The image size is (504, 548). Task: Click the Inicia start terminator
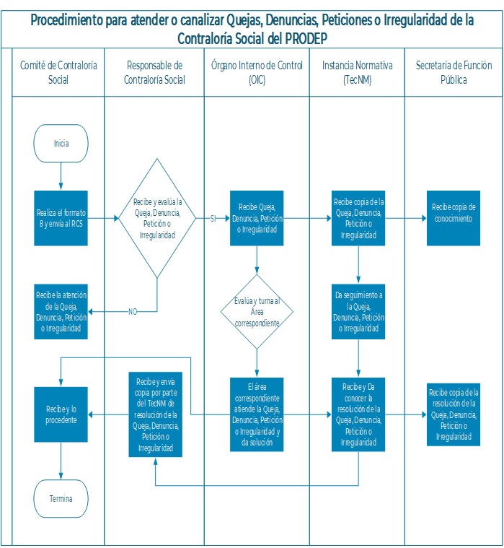pos(61,143)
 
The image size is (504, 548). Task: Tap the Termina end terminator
pos(61,498)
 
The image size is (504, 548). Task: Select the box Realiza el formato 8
pos(61,218)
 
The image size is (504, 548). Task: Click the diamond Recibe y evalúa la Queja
pos(157,218)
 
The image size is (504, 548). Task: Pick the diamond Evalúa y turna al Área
pos(257,312)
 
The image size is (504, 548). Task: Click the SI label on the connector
pos(213,219)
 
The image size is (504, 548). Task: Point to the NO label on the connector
pos(133,312)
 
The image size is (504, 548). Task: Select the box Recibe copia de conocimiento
pos(454,218)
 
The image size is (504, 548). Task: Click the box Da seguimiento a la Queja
pos(358,312)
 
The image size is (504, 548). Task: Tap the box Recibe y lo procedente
pos(61,414)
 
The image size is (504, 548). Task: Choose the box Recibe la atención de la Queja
pos(61,312)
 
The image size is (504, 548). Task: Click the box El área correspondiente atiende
pos(257,414)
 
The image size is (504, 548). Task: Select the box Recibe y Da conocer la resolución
pos(358,414)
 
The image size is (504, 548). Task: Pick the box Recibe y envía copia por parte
pos(155,414)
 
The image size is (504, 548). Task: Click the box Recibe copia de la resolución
pos(454,414)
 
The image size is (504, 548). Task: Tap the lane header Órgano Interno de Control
pos(257,72)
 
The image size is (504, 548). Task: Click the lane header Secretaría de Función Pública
pos(454,72)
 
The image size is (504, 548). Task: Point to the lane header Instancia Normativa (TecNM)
pos(358,72)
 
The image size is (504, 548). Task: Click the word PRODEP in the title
pos(306,38)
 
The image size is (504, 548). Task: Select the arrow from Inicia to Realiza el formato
pos(61,176)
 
